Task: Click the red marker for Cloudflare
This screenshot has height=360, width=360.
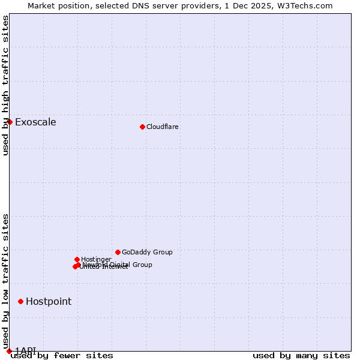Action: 142,127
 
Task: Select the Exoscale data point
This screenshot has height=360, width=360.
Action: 10,122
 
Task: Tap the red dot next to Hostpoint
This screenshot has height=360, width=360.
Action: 20,301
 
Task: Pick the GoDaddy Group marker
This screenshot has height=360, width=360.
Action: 118,252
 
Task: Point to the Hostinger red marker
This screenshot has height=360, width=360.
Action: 77,259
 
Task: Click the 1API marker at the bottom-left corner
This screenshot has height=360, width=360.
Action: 9,351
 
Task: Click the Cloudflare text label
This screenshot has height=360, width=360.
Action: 163,127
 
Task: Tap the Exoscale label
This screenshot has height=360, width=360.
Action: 35,122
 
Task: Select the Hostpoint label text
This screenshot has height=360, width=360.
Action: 49,302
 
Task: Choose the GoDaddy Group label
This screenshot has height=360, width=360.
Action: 147,253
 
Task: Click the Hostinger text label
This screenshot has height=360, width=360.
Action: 96,259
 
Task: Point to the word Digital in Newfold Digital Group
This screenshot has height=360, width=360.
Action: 119,265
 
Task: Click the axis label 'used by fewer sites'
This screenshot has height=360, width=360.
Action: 62,356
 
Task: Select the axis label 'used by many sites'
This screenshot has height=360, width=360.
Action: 301,356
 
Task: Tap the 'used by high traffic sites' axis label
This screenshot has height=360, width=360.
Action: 5,85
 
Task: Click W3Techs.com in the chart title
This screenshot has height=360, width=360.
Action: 307,5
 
